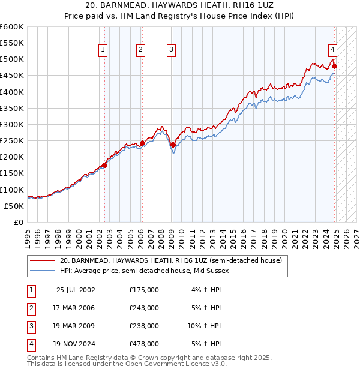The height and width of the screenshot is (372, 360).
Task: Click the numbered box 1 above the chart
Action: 103,50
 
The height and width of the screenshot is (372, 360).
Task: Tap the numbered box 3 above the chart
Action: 172,50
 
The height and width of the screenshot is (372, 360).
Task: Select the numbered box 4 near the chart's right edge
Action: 332,50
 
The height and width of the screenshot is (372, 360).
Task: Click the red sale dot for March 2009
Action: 172,145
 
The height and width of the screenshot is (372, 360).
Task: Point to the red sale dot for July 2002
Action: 104,165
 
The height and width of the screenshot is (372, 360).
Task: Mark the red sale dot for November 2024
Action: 334,66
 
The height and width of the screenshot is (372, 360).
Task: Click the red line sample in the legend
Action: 42,260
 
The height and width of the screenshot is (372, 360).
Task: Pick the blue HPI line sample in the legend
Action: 42,271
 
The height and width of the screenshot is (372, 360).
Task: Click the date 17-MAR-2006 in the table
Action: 75,308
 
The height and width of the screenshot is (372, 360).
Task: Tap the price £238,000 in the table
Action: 144,326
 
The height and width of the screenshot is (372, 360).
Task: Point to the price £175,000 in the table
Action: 144,290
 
